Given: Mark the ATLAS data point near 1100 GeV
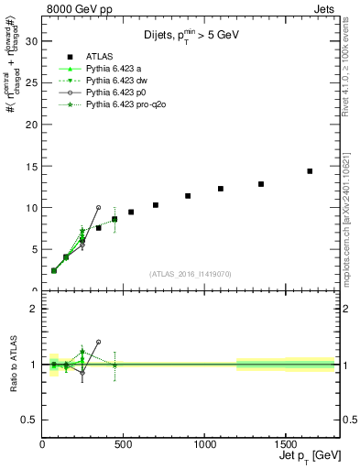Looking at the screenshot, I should coord(221,189).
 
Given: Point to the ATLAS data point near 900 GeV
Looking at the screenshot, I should coord(188,196).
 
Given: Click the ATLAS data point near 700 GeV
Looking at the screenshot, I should coord(156,205).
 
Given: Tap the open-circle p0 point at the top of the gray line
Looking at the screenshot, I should coord(98,208).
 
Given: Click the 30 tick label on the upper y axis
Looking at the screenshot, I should coord(31,41).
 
